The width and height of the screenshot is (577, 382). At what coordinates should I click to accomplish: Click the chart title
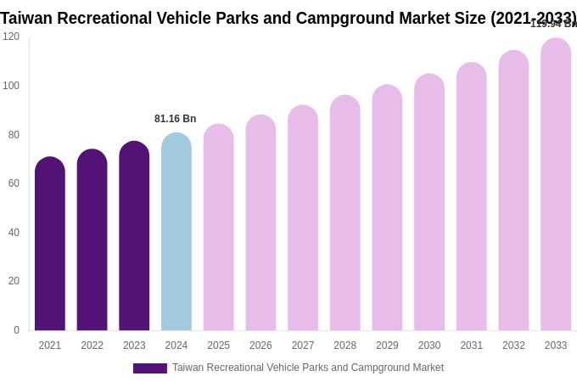(288, 18)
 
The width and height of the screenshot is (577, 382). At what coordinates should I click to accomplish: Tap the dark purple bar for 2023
(134, 237)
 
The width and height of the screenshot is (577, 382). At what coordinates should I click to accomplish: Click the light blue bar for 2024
(176, 233)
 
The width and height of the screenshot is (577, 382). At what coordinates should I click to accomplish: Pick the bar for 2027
(303, 219)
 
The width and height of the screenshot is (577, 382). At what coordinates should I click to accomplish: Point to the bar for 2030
(429, 203)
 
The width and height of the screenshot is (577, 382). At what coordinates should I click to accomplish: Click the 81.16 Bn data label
(176, 119)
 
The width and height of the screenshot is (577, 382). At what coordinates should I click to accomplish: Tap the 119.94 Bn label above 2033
(553, 24)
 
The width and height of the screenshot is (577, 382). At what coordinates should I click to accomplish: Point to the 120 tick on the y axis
(11, 37)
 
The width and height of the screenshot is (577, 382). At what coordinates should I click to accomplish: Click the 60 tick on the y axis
(14, 183)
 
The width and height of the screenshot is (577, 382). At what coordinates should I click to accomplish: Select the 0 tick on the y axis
(16, 330)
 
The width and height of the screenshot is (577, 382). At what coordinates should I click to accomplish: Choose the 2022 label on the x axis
(92, 345)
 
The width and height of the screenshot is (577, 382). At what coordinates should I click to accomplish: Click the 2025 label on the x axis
(219, 345)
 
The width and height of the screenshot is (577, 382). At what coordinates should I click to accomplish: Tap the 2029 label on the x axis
(387, 345)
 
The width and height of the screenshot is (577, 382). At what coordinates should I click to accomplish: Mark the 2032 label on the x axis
(513, 345)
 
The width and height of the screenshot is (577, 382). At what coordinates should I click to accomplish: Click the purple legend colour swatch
(150, 368)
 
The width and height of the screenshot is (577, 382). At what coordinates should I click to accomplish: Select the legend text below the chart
(308, 368)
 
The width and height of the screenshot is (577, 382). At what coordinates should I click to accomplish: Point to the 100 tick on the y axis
(11, 86)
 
